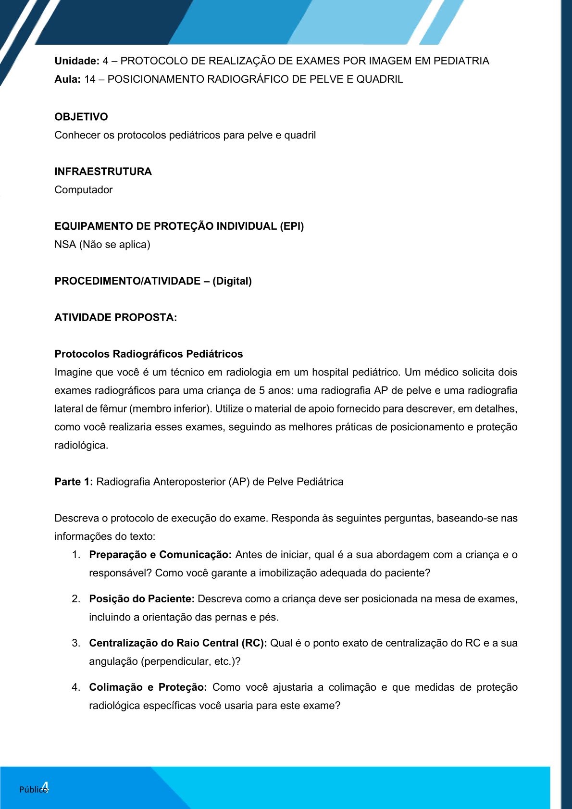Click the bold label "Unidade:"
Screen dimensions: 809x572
click(x=77, y=61)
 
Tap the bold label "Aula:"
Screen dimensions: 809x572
click(x=67, y=79)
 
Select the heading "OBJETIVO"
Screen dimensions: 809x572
click(x=81, y=117)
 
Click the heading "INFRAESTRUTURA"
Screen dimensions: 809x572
click(x=103, y=172)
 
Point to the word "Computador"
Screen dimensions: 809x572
click(x=83, y=190)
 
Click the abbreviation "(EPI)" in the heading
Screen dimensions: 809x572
click(x=292, y=226)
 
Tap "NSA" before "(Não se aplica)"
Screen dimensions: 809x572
click(x=65, y=245)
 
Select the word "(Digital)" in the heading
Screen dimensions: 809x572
click(x=232, y=281)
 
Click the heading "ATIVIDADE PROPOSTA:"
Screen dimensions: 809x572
click(x=115, y=318)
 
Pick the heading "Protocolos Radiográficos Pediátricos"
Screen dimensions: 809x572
click(x=149, y=354)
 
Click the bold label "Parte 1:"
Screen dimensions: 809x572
click(x=74, y=482)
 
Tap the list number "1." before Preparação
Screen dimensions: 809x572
click(x=76, y=555)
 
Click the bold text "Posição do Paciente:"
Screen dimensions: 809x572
click(x=142, y=599)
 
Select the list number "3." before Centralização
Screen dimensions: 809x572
click(x=76, y=644)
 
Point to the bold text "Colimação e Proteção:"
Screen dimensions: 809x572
click(x=148, y=688)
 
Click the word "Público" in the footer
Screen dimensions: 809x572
click(x=33, y=789)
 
